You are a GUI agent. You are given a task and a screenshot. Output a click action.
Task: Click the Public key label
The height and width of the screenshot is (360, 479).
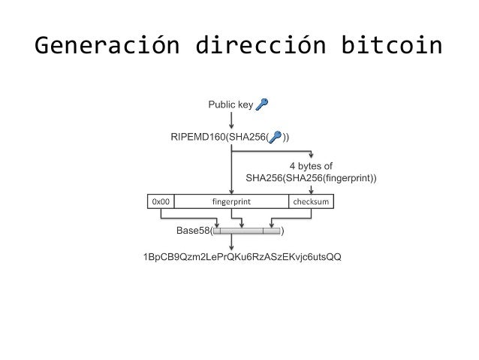click(x=230, y=105)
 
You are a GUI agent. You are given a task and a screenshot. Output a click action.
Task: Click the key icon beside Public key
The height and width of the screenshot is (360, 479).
click(x=262, y=104)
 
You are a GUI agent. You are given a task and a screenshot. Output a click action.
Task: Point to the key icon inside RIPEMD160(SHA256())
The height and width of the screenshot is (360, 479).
click(x=276, y=137)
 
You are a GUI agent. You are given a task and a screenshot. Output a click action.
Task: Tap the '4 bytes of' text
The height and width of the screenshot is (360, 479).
click(x=311, y=166)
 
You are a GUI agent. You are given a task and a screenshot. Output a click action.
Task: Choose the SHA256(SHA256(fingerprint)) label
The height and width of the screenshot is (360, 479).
click(x=311, y=178)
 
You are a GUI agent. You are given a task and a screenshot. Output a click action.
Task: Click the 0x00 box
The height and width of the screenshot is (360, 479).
click(x=161, y=201)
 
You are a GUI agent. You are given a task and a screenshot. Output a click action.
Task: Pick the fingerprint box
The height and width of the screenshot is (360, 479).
click(x=231, y=201)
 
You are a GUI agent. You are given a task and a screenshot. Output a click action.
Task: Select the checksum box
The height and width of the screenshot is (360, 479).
click(x=311, y=201)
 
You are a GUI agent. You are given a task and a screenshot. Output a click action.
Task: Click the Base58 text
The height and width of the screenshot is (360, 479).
click(x=193, y=231)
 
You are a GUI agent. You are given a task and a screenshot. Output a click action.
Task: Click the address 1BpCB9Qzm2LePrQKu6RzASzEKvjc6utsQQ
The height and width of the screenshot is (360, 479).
click(x=242, y=258)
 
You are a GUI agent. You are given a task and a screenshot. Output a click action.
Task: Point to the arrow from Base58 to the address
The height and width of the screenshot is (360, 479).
click(x=231, y=244)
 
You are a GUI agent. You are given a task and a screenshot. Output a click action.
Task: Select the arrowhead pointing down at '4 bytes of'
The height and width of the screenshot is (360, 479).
click(x=311, y=156)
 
